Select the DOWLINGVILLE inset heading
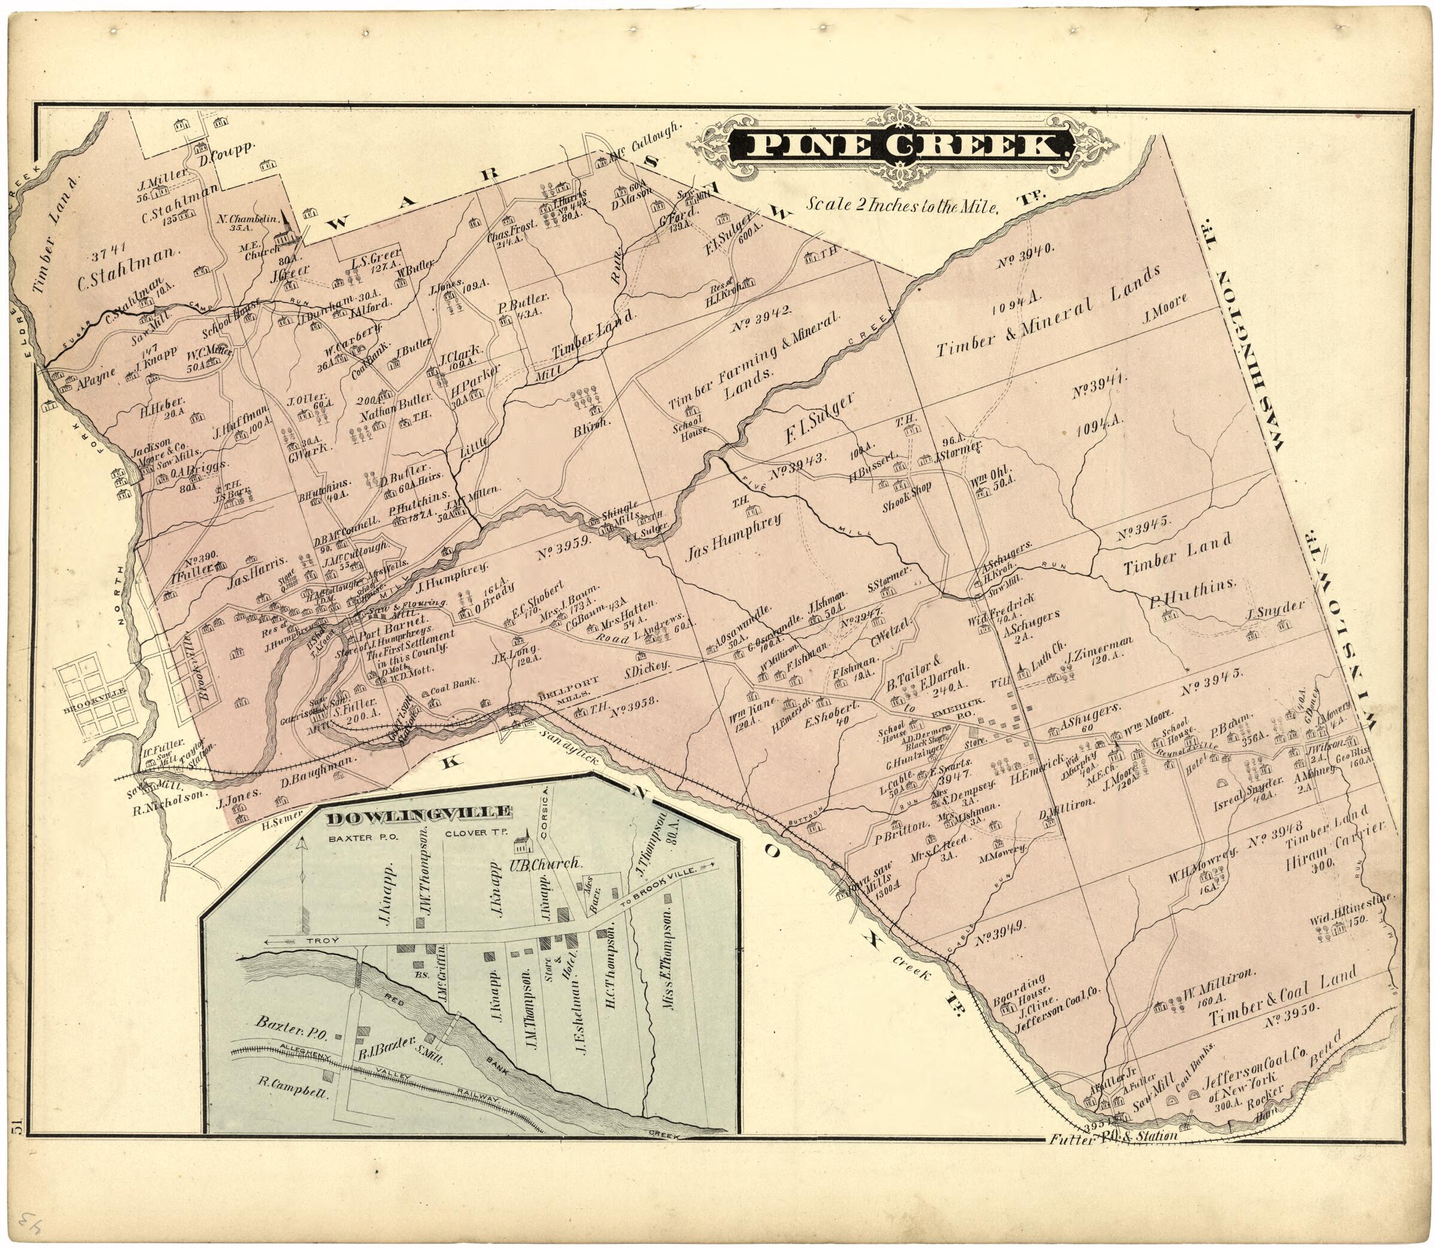pyautogui.click(x=417, y=813)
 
